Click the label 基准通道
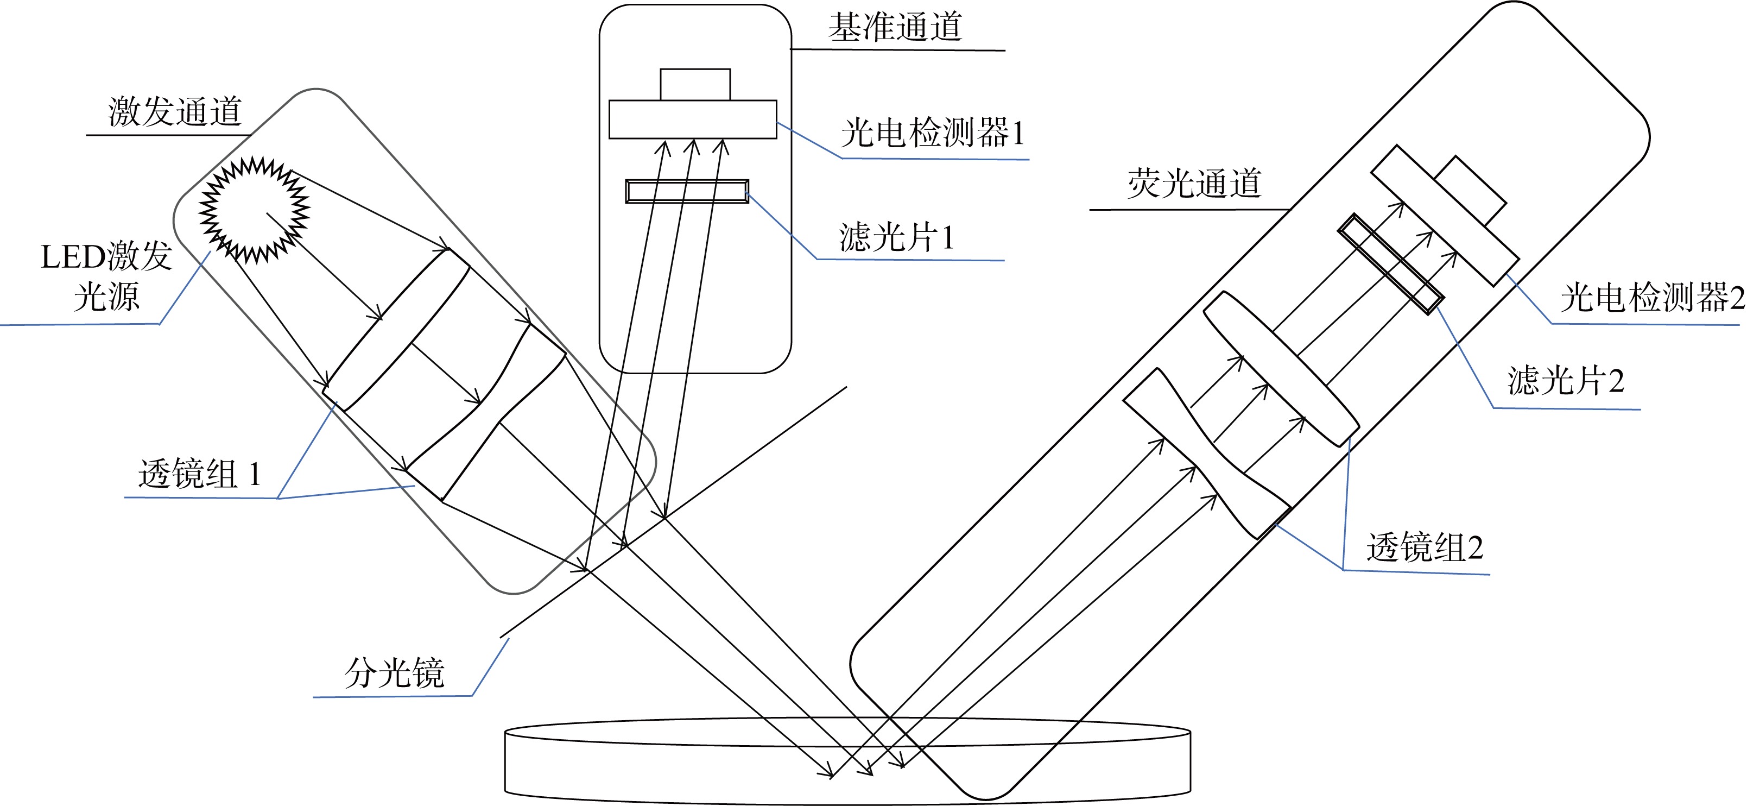point(895,28)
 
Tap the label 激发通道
point(174,112)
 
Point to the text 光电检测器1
point(933,133)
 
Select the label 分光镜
point(394,673)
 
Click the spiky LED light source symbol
point(254,210)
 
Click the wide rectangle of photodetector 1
point(692,119)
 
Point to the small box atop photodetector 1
point(695,85)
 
